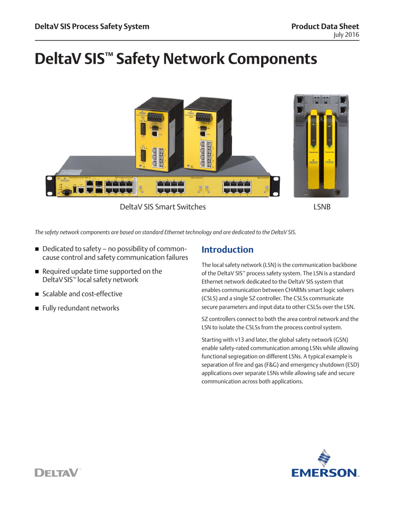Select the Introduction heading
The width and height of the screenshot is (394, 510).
click(227, 250)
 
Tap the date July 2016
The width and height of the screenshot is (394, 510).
click(346, 34)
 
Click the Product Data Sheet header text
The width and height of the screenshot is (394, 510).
click(325, 26)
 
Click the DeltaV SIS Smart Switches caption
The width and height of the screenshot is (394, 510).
click(162, 207)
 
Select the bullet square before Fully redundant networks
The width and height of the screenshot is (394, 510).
click(37, 308)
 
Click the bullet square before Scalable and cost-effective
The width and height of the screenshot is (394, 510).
click(37, 294)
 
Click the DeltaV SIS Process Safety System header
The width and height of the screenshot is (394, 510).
click(92, 26)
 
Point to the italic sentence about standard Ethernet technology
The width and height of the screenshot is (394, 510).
click(165, 232)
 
